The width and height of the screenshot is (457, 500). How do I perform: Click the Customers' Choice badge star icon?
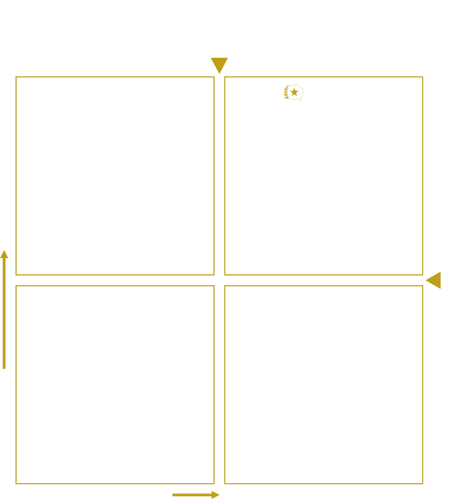[x=293, y=92]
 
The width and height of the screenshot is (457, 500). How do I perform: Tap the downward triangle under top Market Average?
[x=219, y=65]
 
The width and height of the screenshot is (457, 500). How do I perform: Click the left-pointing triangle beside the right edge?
[x=433, y=280]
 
